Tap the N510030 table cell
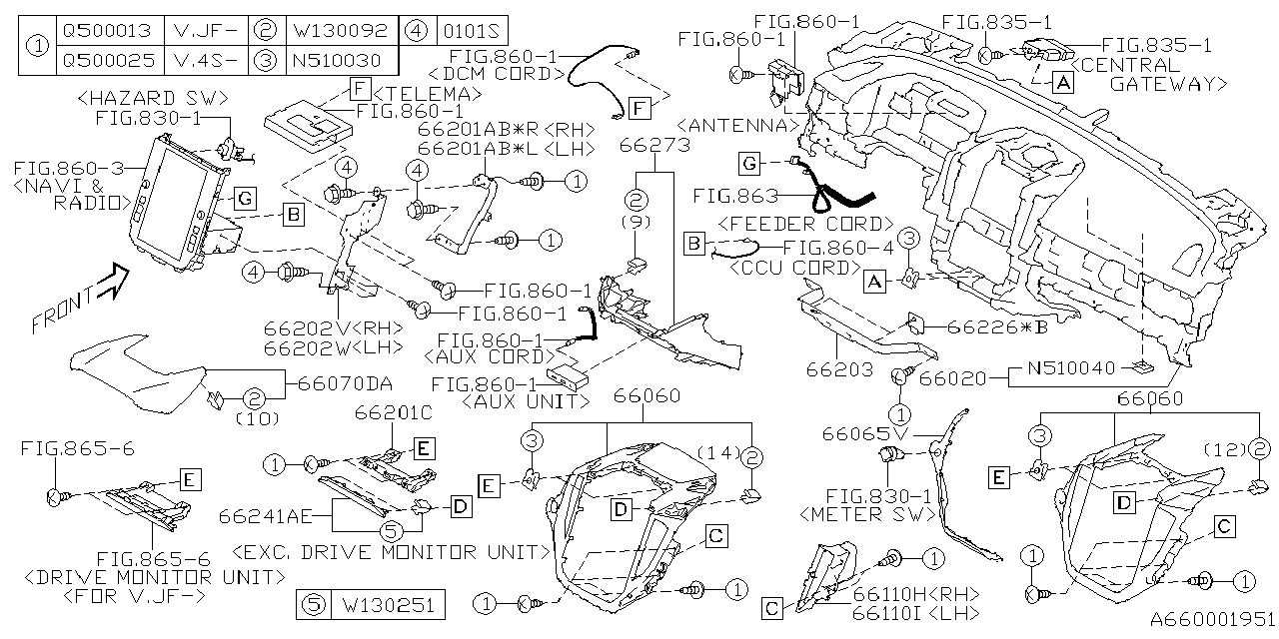[x=337, y=60]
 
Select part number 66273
[x=654, y=146]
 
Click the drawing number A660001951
[x=1207, y=619]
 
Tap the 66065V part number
[x=861, y=434]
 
